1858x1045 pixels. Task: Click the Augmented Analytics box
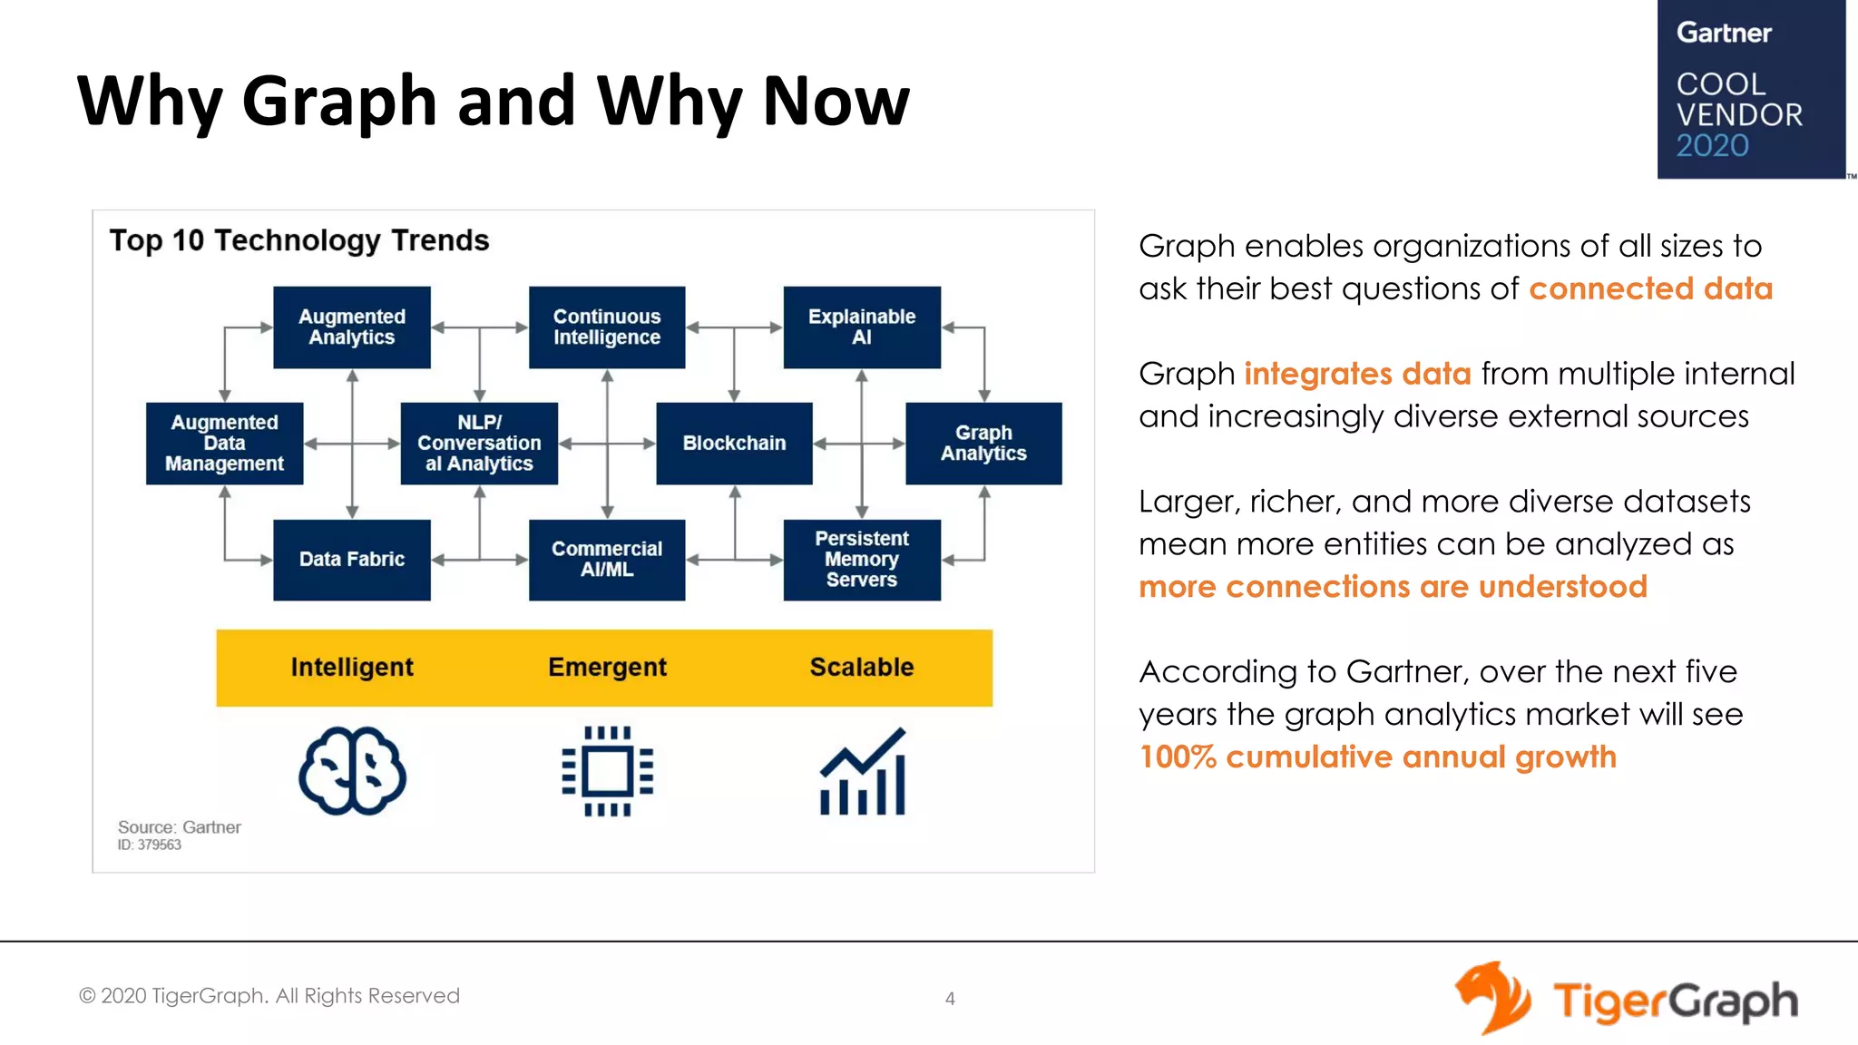point(352,327)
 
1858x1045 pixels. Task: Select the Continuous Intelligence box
point(607,327)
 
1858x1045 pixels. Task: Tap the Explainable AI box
point(862,327)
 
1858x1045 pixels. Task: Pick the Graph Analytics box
point(983,444)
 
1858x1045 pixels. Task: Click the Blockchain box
point(734,444)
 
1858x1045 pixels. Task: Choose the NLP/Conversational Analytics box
point(479,444)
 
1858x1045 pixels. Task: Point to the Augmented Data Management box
point(224,444)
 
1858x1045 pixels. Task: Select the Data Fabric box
point(352,560)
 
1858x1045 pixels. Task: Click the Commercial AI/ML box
point(607,560)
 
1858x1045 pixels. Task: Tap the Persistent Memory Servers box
point(862,560)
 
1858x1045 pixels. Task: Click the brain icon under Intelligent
point(352,771)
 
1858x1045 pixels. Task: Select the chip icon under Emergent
point(607,771)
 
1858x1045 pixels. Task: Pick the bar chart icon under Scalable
point(862,773)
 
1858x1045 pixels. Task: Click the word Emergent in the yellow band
point(607,668)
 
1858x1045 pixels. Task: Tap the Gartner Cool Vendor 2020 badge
point(1750,89)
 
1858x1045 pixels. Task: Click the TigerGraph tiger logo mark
point(1492,997)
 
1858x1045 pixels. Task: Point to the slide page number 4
point(950,999)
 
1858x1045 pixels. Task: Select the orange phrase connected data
point(1650,288)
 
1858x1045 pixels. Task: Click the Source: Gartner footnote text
point(180,827)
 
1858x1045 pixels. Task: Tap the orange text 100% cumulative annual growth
point(1377,757)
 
